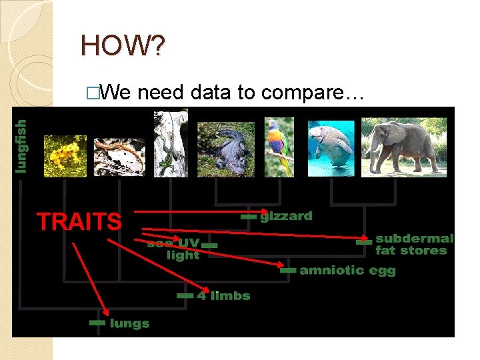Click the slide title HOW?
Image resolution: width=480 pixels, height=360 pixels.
coord(124,45)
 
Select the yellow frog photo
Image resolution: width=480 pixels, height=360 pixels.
coord(65,155)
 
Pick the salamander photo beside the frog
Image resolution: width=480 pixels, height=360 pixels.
coord(119,157)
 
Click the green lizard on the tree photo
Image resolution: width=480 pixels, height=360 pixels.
coord(171,143)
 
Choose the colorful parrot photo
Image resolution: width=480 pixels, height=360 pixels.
coord(279,147)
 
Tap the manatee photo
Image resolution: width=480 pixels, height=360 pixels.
coord(331,147)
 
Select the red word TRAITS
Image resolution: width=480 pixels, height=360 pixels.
coord(79,221)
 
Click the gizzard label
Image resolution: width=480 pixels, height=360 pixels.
coord(285,216)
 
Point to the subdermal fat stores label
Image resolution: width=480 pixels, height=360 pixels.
coord(413,244)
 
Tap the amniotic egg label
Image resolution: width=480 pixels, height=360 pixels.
coord(347,270)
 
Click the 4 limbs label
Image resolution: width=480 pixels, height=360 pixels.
coord(223,295)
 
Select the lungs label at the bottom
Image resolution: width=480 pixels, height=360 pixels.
coord(129,323)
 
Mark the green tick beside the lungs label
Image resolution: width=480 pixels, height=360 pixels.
coord(97,323)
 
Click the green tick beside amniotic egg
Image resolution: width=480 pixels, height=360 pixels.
coord(287,271)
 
